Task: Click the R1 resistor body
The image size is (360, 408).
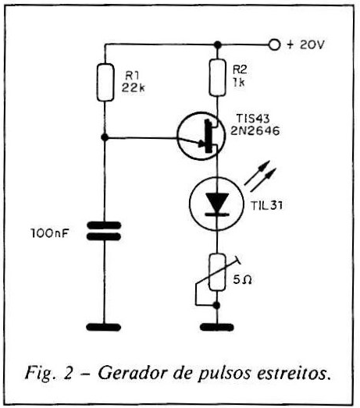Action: click(105, 82)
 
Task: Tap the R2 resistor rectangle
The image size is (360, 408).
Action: click(218, 77)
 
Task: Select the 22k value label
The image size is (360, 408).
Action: click(133, 88)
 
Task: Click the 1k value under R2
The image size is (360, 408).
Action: click(239, 83)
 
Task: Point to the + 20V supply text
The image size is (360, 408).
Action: click(305, 44)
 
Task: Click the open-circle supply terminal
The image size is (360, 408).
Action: click(274, 44)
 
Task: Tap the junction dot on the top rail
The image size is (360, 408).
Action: click(218, 45)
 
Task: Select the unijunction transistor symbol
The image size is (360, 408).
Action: click(201, 136)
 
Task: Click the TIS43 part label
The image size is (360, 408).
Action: click(253, 119)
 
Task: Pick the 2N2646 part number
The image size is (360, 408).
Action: click(255, 131)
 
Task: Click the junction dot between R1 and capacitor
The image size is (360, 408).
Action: click(105, 137)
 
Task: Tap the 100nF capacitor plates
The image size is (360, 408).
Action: click(104, 231)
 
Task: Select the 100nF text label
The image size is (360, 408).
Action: click(50, 233)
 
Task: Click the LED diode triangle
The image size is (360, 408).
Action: click(217, 202)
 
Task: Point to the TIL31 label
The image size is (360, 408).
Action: click(267, 206)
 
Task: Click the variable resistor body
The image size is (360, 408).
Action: click(217, 272)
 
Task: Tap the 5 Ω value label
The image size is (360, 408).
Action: click(242, 280)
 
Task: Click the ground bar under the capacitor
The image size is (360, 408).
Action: click(103, 327)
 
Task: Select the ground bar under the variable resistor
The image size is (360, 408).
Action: click(217, 327)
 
